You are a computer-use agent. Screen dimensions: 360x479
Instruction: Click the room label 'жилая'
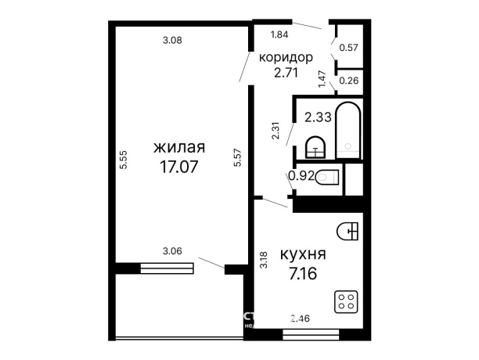click(179, 148)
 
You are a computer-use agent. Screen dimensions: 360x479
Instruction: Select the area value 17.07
click(179, 166)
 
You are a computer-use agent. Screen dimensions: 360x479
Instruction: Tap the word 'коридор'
click(286, 58)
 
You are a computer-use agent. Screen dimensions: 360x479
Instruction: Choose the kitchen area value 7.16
click(303, 274)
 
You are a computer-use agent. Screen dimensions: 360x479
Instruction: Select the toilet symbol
click(328, 176)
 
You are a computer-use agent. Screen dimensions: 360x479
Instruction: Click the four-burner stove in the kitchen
click(347, 301)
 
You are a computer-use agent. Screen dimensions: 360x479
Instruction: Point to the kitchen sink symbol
click(348, 230)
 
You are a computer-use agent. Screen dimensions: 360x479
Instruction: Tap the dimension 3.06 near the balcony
click(172, 250)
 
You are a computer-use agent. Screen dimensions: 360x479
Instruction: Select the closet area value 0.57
click(348, 47)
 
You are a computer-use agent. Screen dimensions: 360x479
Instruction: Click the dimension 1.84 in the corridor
click(280, 34)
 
